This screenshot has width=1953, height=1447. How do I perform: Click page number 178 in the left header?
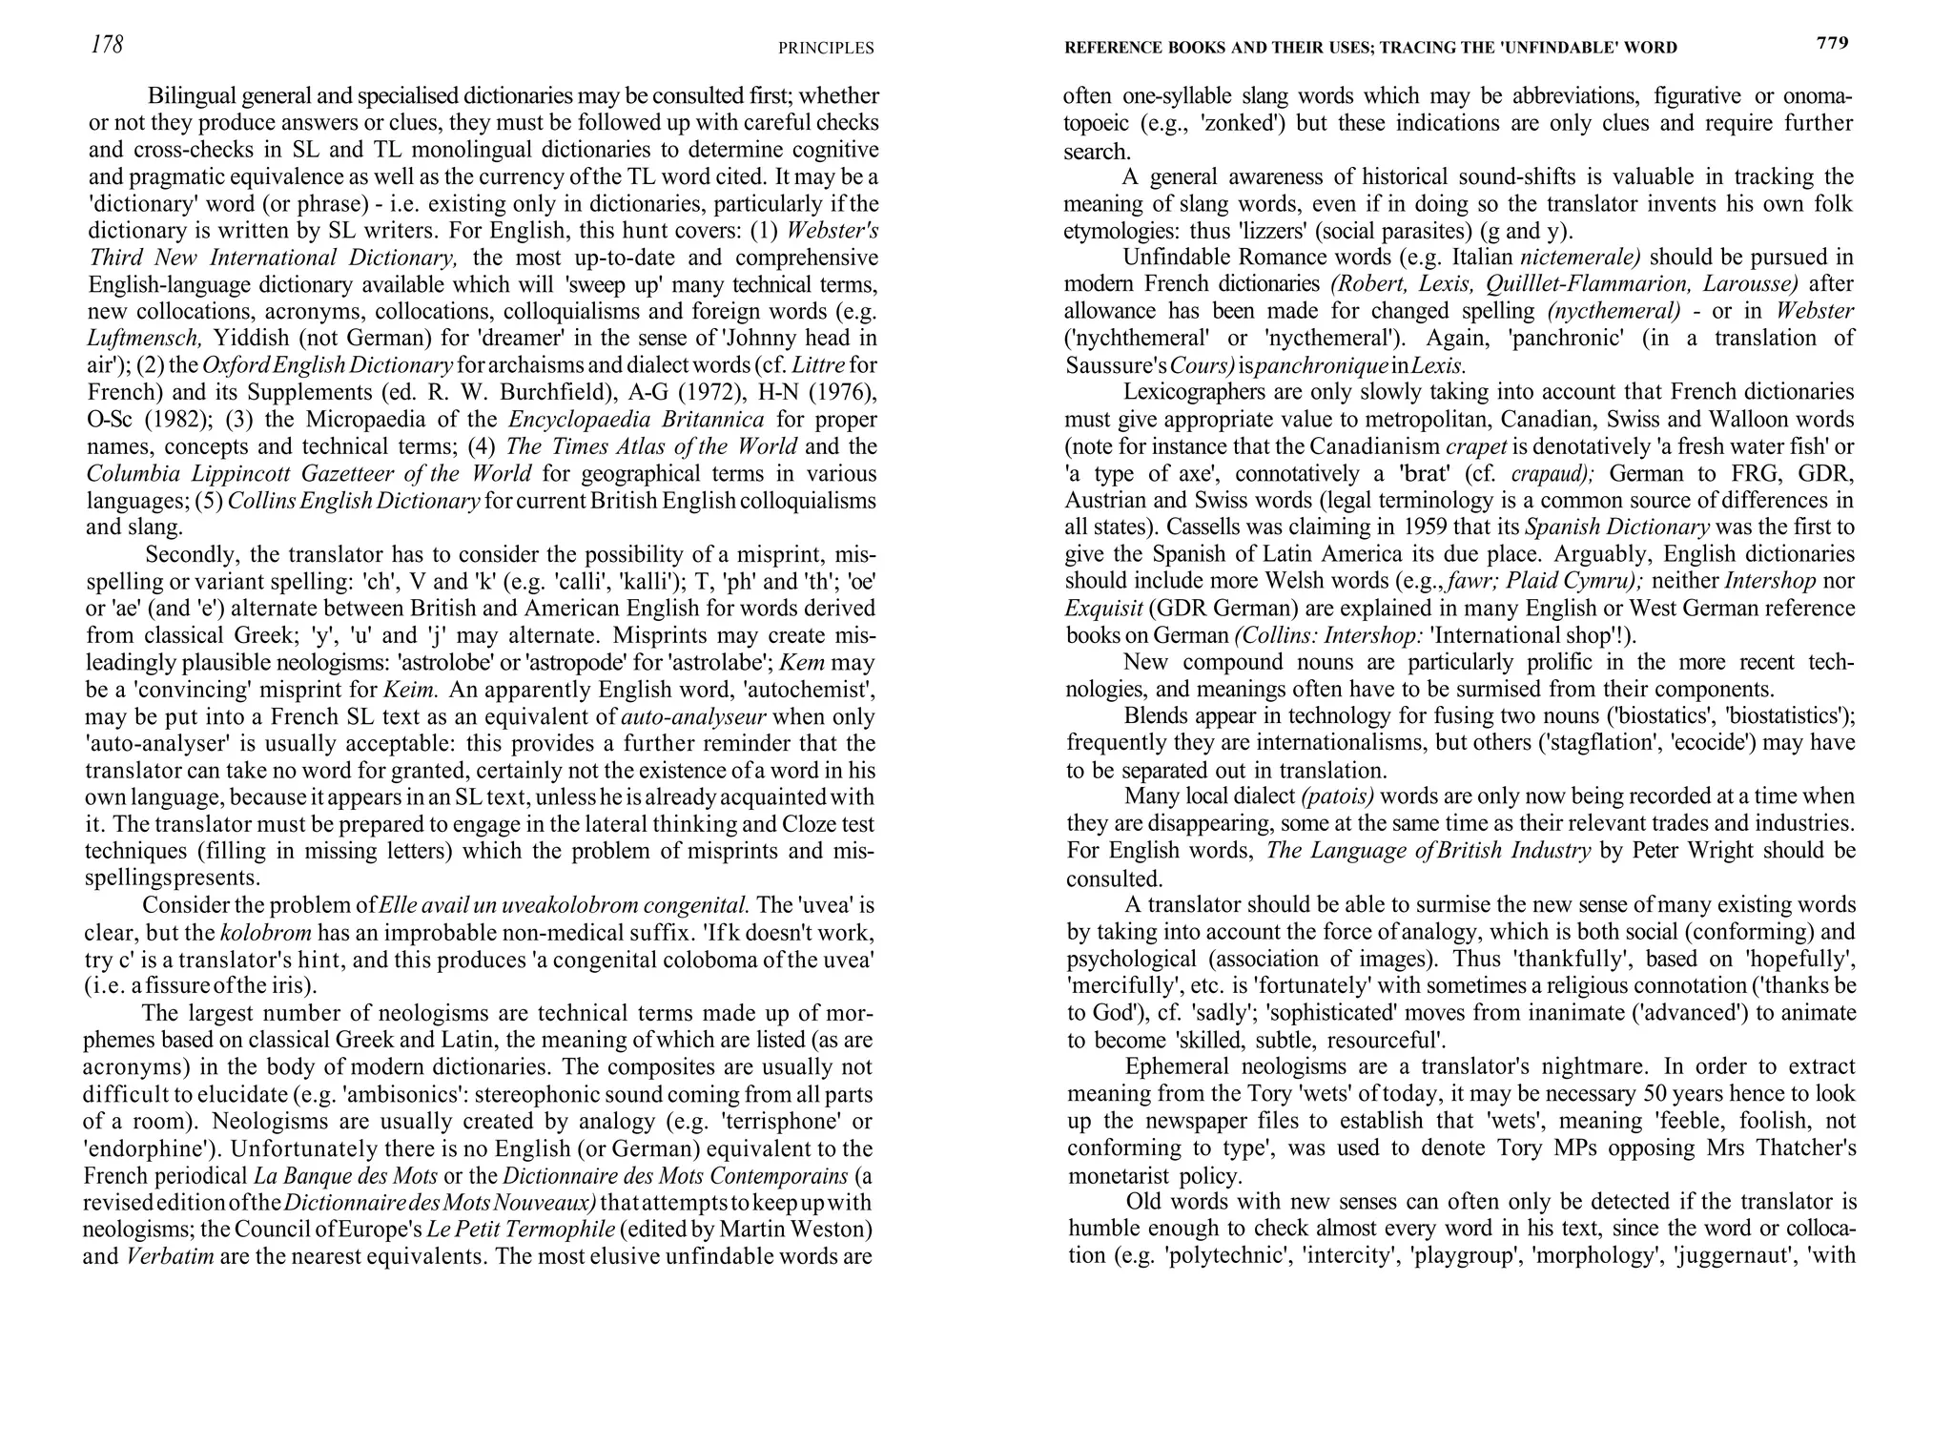107,44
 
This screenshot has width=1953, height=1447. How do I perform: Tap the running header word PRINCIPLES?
826,48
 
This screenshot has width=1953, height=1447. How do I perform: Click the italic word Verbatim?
169,1256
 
